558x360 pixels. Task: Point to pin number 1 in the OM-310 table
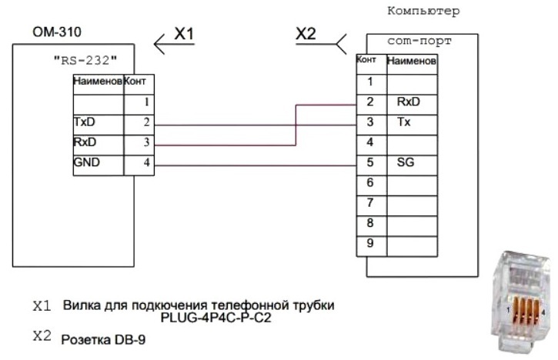tap(145, 102)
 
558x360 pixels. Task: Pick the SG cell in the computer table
tap(405, 162)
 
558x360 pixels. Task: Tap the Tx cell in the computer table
tap(403, 121)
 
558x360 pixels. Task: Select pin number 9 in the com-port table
tap(369, 244)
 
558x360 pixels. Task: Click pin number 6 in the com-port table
tap(369, 182)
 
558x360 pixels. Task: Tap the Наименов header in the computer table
tap(412, 61)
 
